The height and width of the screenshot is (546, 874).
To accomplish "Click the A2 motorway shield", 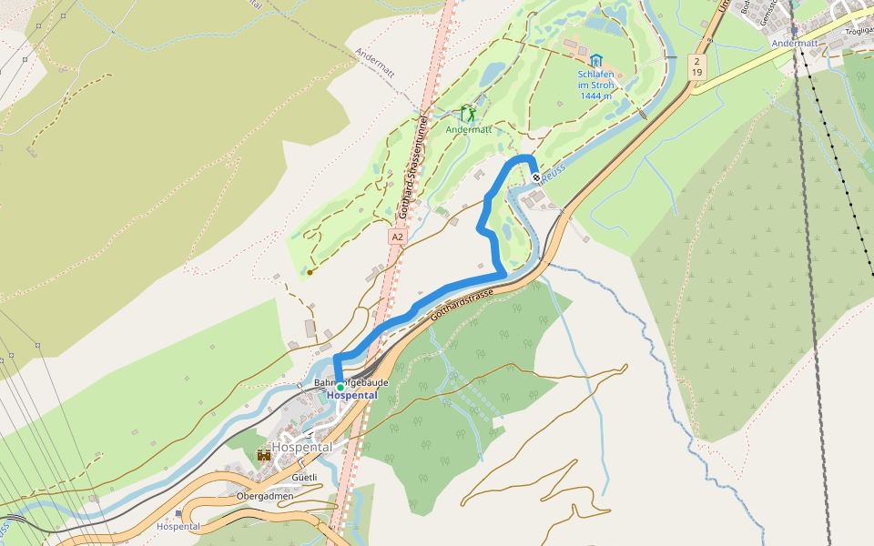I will coord(397,237).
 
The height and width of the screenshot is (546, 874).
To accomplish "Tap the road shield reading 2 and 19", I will coord(696,66).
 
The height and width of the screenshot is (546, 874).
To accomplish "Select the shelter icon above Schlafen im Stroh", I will coord(595,60).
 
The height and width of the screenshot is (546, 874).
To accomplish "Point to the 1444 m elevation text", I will coord(595,96).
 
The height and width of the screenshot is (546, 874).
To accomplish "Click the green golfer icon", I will coord(468,114).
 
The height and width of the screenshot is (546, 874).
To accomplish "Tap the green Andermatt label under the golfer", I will coord(469,130).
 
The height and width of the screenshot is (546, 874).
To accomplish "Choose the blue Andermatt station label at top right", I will coord(795,43).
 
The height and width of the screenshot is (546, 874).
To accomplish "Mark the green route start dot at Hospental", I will coord(340,387).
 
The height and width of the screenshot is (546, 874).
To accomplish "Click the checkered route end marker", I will coord(536,177).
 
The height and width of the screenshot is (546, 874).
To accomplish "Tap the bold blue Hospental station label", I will coord(351,395).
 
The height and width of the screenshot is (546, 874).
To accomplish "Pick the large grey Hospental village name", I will coord(301,447).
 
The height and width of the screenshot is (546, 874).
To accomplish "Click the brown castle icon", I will coord(263,454).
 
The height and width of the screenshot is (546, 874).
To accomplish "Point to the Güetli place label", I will coord(304,477).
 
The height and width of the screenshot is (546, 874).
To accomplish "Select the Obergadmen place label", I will coord(265,496).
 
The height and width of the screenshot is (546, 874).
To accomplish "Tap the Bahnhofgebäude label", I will coord(351,382).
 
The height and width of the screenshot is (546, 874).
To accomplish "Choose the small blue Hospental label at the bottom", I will coord(178,527).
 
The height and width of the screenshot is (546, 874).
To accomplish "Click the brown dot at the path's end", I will coord(310,271).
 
